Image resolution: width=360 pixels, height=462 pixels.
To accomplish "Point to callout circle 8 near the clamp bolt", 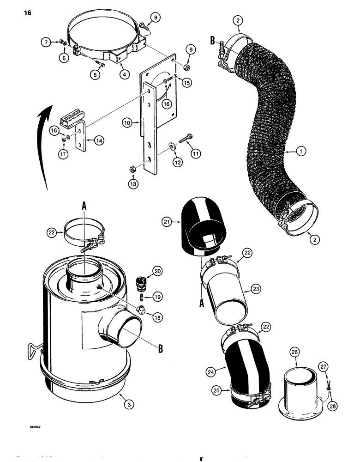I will click(x=155, y=18).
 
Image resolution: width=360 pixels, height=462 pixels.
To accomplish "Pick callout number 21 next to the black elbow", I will click(x=168, y=222).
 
